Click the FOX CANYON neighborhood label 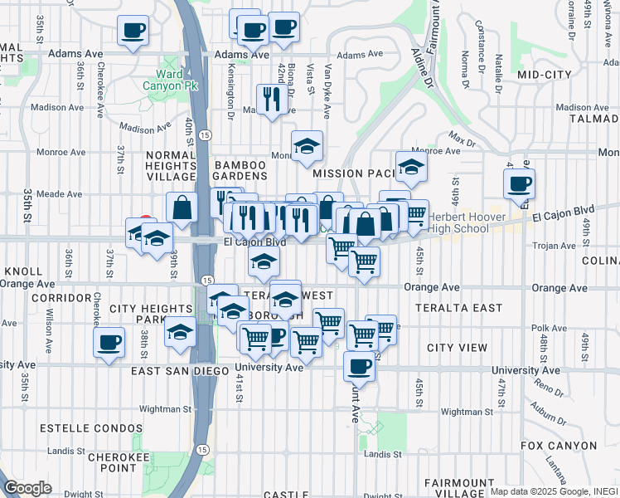point(559,446)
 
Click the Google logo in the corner point(27,488)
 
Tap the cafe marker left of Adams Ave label point(133,32)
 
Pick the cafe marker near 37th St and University point(109,341)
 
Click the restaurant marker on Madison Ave point(272,100)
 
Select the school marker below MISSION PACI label point(410,168)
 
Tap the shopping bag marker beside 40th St point(182,207)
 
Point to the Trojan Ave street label point(557,246)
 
